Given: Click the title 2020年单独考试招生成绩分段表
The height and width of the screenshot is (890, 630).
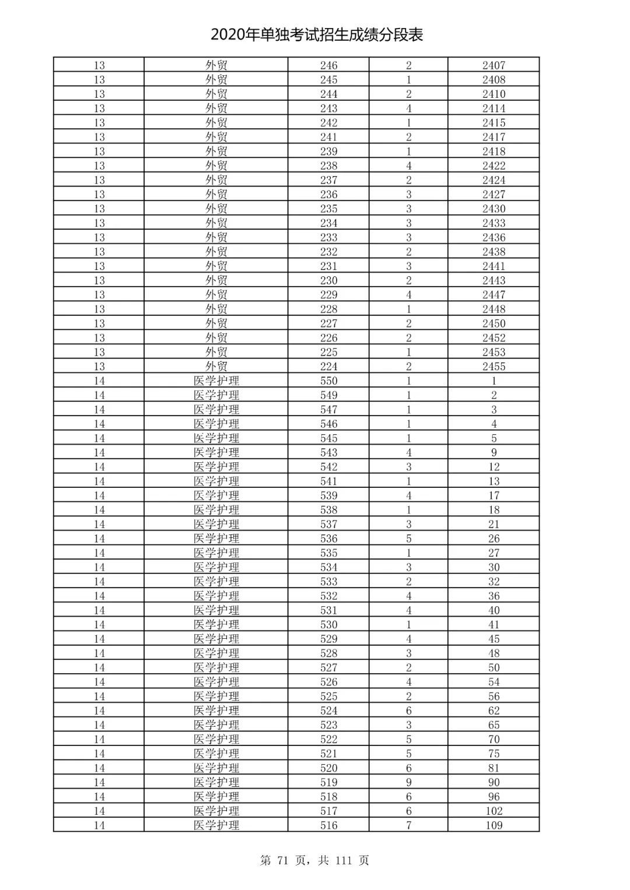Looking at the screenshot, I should click(x=316, y=35).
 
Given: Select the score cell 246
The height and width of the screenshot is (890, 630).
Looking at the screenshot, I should click(x=328, y=65).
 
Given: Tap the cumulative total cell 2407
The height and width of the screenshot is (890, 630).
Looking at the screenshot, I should click(x=494, y=65).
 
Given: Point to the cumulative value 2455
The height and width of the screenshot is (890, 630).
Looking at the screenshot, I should click(x=494, y=367).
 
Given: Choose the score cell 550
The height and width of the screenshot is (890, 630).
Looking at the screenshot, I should click(x=328, y=381).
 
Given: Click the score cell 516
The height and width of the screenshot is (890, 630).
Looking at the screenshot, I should click(x=328, y=825).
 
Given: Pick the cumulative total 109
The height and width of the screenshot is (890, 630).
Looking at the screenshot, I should click(x=494, y=825).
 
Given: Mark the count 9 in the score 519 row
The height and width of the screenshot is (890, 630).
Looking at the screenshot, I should click(x=408, y=782).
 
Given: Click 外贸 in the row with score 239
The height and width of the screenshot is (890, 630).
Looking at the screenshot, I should click(x=216, y=152).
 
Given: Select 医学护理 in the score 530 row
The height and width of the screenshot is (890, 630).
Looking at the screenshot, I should click(x=216, y=625).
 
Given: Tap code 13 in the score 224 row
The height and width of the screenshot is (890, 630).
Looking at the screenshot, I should click(x=99, y=367).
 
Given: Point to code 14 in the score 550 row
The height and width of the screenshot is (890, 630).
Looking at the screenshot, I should click(x=99, y=381).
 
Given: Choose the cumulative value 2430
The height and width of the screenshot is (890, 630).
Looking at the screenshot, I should click(x=494, y=209).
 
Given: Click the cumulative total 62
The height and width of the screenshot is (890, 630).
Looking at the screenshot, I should click(x=494, y=710).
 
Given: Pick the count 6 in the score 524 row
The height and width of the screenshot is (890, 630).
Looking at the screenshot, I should click(x=408, y=710).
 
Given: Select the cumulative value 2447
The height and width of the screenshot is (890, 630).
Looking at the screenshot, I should click(x=494, y=295).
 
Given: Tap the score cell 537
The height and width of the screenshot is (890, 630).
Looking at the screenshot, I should click(x=328, y=524).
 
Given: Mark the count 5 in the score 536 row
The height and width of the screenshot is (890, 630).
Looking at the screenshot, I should click(x=408, y=539).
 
